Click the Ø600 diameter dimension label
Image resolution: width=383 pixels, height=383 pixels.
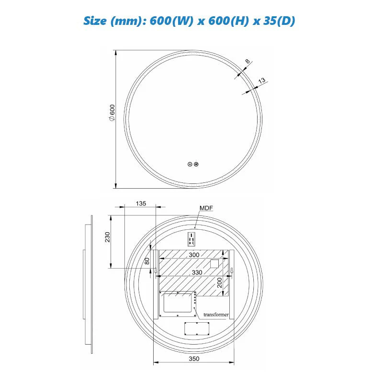click(x=112, y=114)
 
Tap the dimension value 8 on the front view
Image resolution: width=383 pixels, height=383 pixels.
click(x=247, y=62)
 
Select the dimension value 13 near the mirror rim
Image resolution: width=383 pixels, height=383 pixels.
click(x=261, y=81)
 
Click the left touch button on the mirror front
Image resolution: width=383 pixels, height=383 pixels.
click(x=190, y=164)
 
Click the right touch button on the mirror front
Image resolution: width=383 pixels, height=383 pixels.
click(x=196, y=164)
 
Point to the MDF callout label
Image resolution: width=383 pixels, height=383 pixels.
click(x=206, y=208)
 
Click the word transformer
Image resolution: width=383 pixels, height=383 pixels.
click(x=216, y=315)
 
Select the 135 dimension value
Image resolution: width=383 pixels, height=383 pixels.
click(x=141, y=203)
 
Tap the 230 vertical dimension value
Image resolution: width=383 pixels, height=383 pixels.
click(x=108, y=237)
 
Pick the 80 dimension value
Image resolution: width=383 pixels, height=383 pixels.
click(x=147, y=261)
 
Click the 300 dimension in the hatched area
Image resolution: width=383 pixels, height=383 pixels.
click(x=193, y=255)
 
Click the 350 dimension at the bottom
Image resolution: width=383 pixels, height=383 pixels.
click(x=193, y=359)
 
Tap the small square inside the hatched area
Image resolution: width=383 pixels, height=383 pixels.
click(x=214, y=263)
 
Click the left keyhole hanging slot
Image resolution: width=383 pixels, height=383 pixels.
click(x=156, y=271)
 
